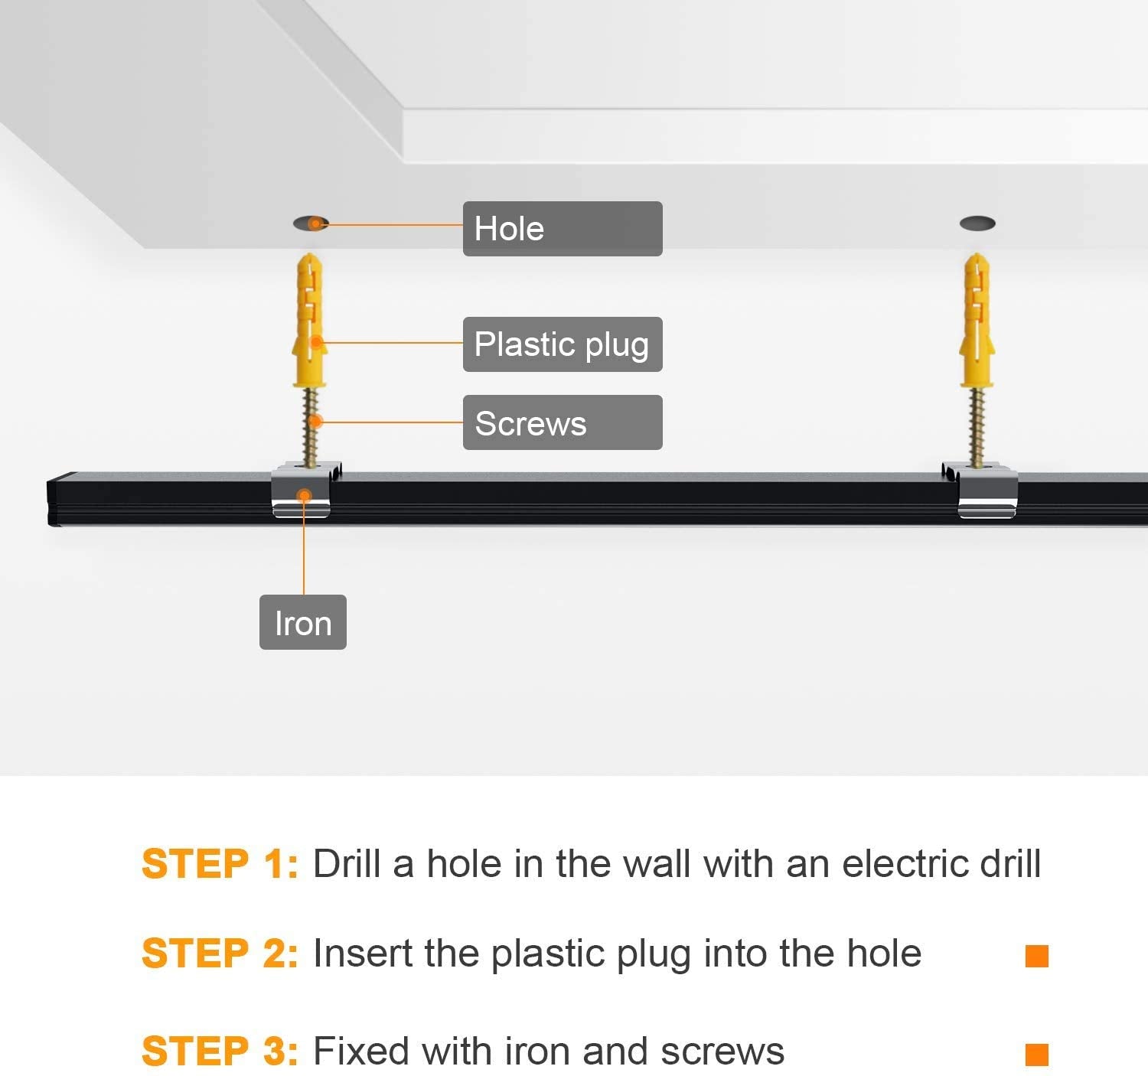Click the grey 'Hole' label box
pyautogui.click(x=563, y=228)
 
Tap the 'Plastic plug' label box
pyautogui.click(x=563, y=344)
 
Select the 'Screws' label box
pyautogui.click(x=563, y=422)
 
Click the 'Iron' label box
pyautogui.click(x=303, y=622)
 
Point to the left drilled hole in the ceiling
pyautogui.click(x=311, y=223)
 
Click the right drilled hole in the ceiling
pyautogui.click(x=977, y=223)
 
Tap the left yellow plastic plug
pyautogui.click(x=310, y=320)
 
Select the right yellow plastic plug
pyautogui.click(x=977, y=320)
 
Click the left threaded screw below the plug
pyautogui.click(x=311, y=427)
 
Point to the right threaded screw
pyautogui.click(x=977, y=427)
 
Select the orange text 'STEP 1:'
pyautogui.click(x=220, y=864)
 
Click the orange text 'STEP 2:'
pyautogui.click(x=220, y=953)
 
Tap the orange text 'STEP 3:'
pyautogui.click(x=220, y=1051)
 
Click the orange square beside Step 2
pyautogui.click(x=1036, y=956)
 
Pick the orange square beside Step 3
pyautogui.click(x=1036, y=1054)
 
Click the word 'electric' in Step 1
pyautogui.click(x=906, y=864)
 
